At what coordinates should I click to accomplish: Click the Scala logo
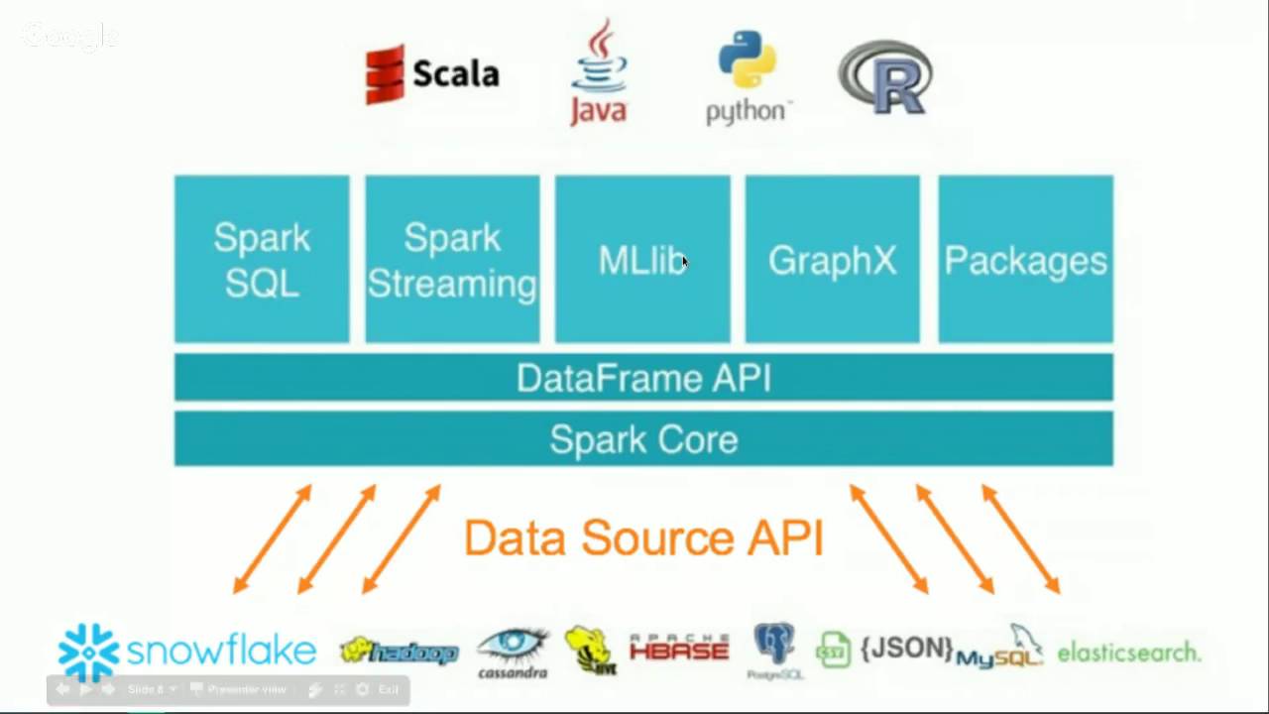[432, 73]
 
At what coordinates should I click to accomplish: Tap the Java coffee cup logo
[599, 74]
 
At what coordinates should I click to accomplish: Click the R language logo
[885, 76]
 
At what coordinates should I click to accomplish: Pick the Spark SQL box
[262, 259]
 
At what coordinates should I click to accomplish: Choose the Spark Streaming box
[452, 259]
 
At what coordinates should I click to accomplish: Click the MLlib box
[642, 259]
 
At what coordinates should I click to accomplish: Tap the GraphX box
[833, 259]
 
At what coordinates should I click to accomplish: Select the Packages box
[1025, 259]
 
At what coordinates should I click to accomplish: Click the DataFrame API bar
[643, 378]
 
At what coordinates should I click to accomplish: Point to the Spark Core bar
[643, 439]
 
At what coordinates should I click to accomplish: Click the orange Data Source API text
[643, 537]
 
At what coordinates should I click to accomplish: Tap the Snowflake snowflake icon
[89, 653]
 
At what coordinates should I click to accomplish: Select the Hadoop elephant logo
[399, 652]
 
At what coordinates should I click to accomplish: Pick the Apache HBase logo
[679, 650]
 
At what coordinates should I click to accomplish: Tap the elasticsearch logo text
[1128, 653]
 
